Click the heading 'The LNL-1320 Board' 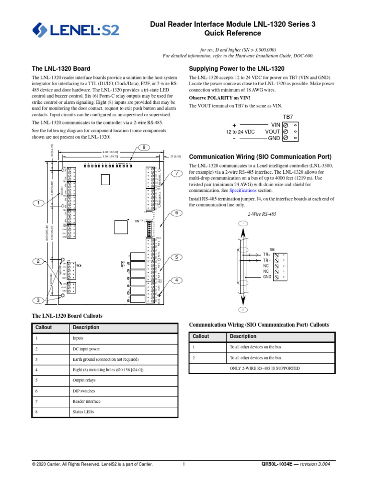(x=60, y=69)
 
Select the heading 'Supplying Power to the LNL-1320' (x=237, y=69)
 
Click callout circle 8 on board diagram (x=143, y=147)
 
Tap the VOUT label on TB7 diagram (x=272, y=131)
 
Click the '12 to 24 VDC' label (x=247, y=131)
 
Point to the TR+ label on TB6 (x=267, y=255)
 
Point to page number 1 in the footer (x=184, y=464)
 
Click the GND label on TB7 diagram (x=274, y=138)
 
